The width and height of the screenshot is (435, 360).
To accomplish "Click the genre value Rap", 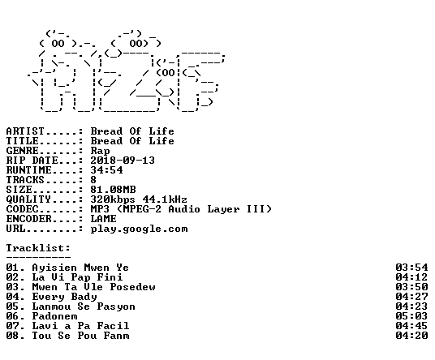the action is coord(100,151).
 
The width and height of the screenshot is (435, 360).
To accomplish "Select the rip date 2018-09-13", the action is coord(123,161).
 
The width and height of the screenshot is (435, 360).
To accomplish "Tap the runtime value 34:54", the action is coord(106,170).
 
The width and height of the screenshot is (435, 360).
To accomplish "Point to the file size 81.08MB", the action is coord(113,190).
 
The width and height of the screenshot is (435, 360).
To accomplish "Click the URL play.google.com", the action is coord(139,229).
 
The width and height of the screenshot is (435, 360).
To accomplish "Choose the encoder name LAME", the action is coord(103,219).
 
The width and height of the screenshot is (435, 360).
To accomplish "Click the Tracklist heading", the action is coord(38,248).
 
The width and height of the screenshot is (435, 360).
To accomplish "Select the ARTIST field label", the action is coord(25,131).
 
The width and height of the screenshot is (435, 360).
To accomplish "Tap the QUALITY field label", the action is coord(28,199).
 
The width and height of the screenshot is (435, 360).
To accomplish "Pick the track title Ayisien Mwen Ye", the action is coord(80,268).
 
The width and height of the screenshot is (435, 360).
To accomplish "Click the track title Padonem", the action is coord(54,316).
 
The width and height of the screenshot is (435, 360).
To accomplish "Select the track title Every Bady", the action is coord(64,297).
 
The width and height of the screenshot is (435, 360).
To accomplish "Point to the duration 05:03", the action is coord(411,316).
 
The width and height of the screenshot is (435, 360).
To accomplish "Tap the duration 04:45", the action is coord(411,326).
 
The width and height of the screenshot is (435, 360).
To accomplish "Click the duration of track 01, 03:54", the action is coord(411,268).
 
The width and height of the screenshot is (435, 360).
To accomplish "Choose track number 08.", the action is coord(13,336).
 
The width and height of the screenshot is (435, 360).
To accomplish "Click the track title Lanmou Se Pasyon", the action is coord(84,306).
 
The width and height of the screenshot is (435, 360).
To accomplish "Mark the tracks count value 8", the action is coord(93,180).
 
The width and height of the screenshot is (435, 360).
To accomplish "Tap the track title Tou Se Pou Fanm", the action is coord(80,336).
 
